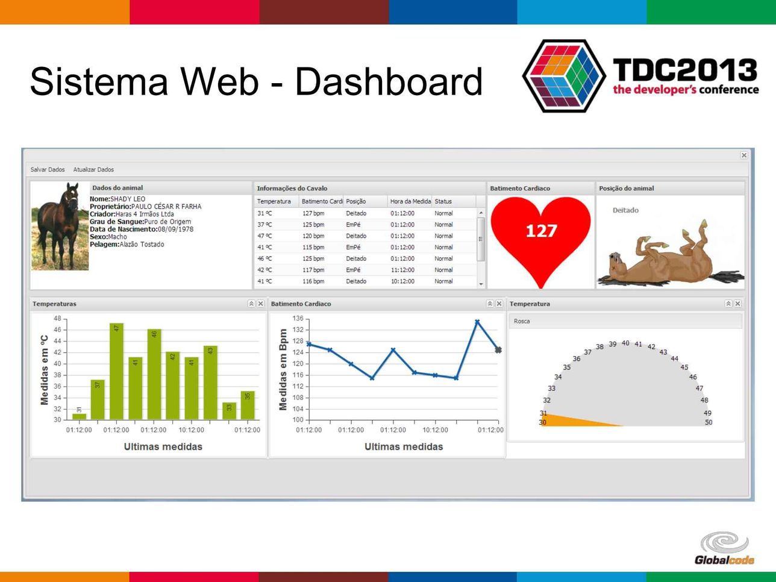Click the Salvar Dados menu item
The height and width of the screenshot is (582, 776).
[48, 170]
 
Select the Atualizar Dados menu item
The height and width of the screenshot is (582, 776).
[93, 170]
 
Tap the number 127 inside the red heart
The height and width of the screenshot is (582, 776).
[541, 231]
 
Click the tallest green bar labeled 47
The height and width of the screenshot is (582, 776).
[116, 371]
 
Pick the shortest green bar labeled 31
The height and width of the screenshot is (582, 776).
[79, 417]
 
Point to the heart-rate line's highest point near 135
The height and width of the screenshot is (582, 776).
[477, 322]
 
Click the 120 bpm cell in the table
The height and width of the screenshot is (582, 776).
[313, 236]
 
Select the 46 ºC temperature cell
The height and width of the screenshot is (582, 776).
[264, 258]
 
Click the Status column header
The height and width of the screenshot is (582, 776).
[443, 201]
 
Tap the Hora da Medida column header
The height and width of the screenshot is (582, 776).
[410, 201]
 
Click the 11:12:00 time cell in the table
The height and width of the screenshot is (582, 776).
[402, 270]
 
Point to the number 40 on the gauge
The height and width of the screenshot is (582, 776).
[625, 343]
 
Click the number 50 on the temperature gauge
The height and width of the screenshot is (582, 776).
[709, 422]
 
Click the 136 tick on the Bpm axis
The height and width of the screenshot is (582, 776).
[298, 318]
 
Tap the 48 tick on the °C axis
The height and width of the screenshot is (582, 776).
[57, 318]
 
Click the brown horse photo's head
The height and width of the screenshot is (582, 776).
[72, 195]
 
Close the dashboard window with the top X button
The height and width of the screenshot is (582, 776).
[744, 155]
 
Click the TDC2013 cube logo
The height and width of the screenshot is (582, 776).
[563, 76]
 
